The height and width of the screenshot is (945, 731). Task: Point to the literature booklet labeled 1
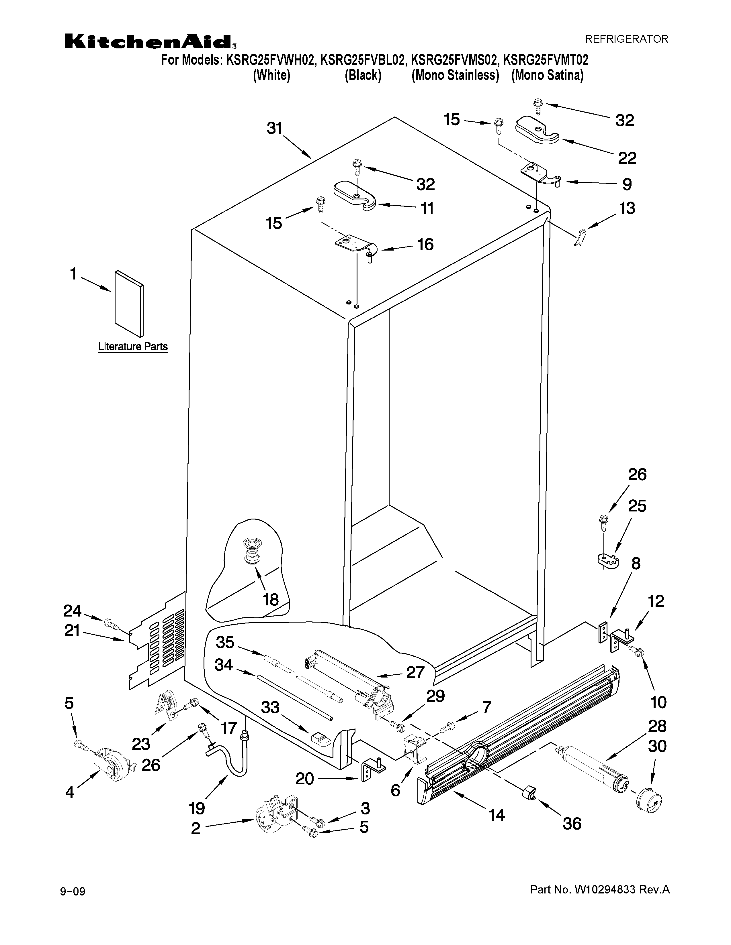tap(129, 304)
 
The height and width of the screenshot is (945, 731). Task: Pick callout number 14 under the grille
tap(497, 815)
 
